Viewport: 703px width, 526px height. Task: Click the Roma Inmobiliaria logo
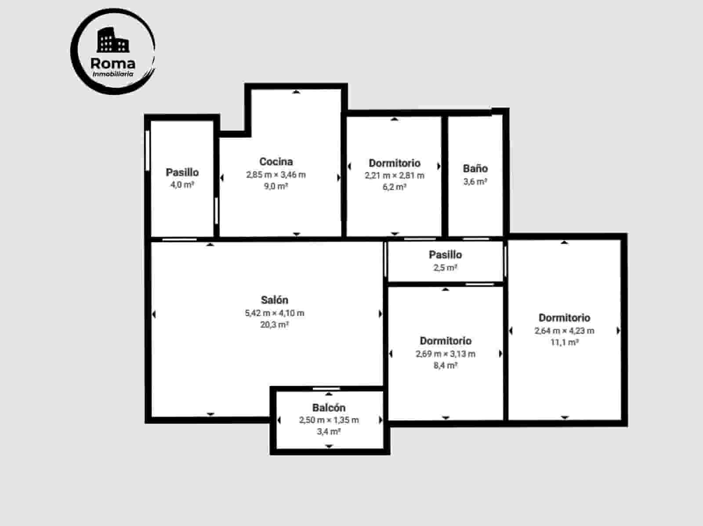pyautogui.click(x=113, y=51)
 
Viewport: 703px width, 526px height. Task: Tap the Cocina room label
pyautogui.click(x=276, y=161)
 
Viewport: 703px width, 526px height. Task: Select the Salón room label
pyautogui.click(x=275, y=300)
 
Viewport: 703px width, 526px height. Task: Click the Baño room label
pyautogui.click(x=475, y=168)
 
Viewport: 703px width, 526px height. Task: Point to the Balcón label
pyautogui.click(x=329, y=408)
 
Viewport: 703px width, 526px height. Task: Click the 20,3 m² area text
pyautogui.click(x=275, y=325)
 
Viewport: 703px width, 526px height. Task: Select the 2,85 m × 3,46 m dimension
pyautogui.click(x=276, y=175)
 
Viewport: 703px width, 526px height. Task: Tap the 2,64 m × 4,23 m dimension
pyautogui.click(x=564, y=331)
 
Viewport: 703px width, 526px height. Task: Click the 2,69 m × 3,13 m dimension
pyautogui.click(x=446, y=354)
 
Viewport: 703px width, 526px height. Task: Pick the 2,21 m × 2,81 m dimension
pyautogui.click(x=395, y=175)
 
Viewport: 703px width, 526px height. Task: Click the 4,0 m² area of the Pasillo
pyautogui.click(x=182, y=185)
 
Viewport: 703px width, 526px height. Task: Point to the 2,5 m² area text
pyautogui.click(x=446, y=268)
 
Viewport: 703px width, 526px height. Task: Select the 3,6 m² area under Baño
pyautogui.click(x=475, y=182)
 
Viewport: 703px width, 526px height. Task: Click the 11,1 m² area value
pyautogui.click(x=564, y=342)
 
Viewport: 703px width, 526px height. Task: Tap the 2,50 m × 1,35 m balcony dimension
pyautogui.click(x=329, y=420)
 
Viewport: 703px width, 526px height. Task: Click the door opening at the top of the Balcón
pyautogui.click(x=326, y=389)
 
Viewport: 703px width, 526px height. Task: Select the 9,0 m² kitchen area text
pyautogui.click(x=276, y=186)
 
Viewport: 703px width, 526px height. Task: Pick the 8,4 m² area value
pyautogui.click(x=446, y=365)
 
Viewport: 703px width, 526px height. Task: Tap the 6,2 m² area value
pyautogui.click(x=395, y=187)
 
